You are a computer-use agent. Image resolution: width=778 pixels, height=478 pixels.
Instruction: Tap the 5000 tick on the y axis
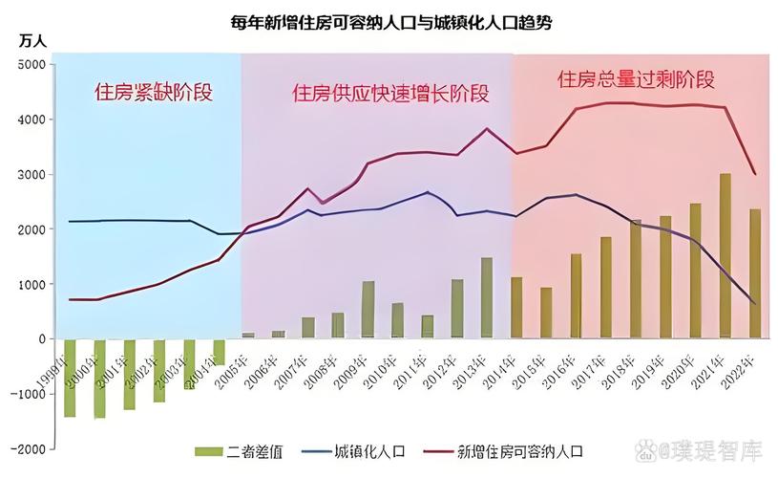tap(32, 64)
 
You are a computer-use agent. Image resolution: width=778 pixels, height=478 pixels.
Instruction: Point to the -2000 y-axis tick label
tap(29, 448)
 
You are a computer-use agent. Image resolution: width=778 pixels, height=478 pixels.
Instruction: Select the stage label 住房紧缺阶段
tap(153, 93)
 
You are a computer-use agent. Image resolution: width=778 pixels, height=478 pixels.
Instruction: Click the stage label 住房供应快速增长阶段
tap(390, 94)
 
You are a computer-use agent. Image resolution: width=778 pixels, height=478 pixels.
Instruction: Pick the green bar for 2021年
tap(725, 255)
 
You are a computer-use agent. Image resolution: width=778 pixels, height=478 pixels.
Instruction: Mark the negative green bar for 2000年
tap(100, 379)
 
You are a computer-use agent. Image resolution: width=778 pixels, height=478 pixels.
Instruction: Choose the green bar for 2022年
tap(755, 273)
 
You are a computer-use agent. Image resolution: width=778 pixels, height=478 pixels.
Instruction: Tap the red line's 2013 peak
tap(487, 128)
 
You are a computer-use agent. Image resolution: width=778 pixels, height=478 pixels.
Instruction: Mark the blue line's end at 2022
tap(755, 304)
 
